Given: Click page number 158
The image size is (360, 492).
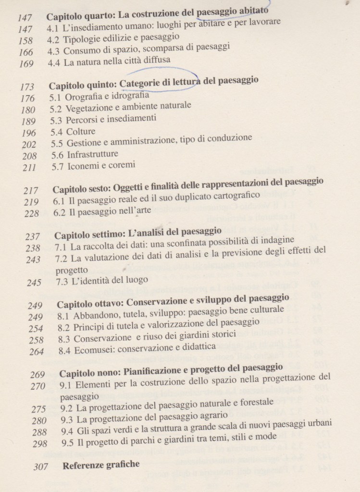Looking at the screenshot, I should pos(25,41).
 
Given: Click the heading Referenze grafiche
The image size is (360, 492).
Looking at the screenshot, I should pos(101,464).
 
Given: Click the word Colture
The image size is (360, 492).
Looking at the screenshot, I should pos(81,132).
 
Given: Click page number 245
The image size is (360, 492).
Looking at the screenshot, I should pos(34,283).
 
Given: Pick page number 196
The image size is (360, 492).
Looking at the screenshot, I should pos(29,133).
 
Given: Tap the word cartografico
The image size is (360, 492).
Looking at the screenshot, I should pos(235,196).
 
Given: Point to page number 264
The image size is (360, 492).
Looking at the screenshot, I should pos(36,351).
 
